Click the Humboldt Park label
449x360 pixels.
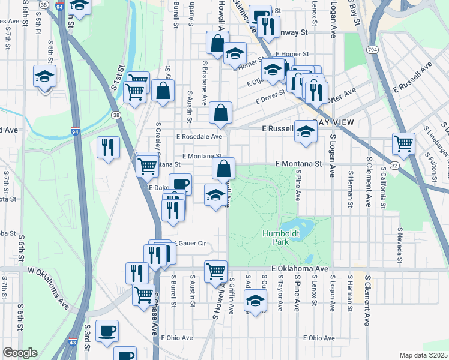click(x=276, y=237)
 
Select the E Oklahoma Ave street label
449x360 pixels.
click(x=300, y=269)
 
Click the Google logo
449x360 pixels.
click(x=20, y=353)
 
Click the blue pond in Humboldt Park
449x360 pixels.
click(x=304, y=229)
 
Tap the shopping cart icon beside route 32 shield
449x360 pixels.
click(x=403, y=143)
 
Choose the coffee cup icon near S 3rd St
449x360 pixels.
click(x=107, y=330)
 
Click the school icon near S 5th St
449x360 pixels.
click(x=44, y=76)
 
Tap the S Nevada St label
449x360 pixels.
click(x=399, y=245)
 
